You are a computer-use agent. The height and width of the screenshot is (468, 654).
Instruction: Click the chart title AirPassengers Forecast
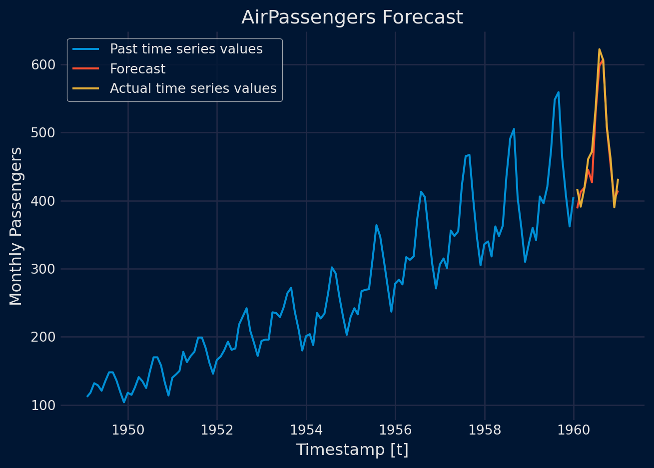tap(352, 17)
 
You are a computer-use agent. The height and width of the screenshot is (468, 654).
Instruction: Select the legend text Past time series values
tap(186, 49)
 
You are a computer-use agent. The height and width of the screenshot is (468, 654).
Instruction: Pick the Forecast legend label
tap(137, 69)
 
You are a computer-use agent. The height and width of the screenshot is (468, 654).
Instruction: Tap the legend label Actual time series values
tap(193, 88)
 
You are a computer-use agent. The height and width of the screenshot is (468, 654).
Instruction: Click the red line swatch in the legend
tap(86, 69)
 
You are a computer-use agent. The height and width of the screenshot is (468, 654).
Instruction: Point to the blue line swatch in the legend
tap(86, 49)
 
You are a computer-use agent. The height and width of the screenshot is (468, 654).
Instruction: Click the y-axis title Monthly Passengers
tap(16, 226)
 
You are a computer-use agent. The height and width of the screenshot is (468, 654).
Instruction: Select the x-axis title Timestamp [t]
tap(352, 450)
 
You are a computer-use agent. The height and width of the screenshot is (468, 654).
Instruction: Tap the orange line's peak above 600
tap(599, 49)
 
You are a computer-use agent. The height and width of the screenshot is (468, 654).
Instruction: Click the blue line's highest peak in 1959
tap(558, 92)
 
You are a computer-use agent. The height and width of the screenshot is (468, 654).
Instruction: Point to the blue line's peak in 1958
tap(514, 129)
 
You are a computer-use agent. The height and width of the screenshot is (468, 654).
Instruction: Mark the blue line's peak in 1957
tap(469, 155)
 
